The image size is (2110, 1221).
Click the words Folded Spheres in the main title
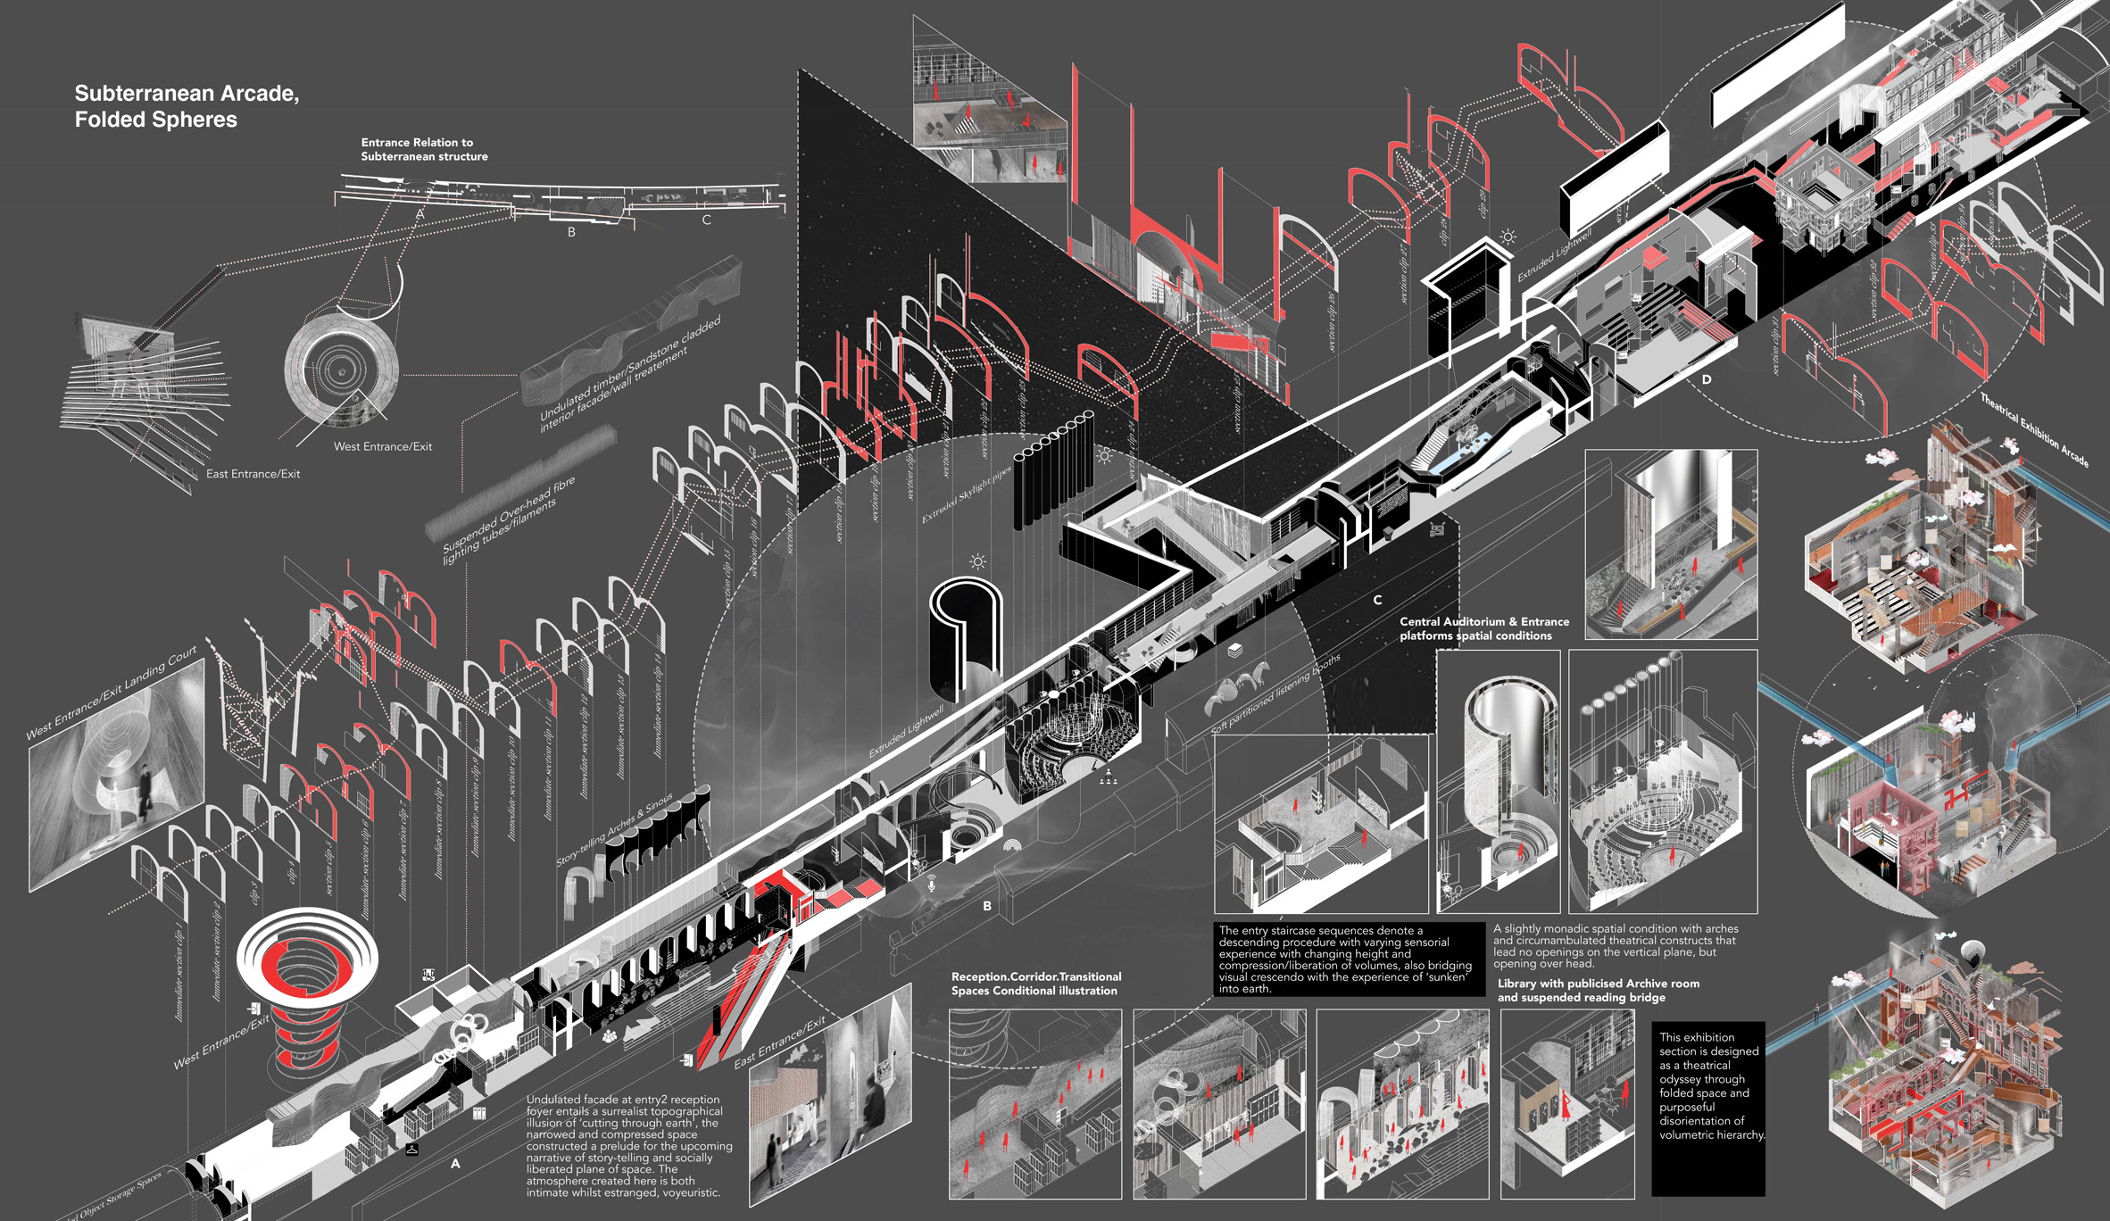[x=155, y=120]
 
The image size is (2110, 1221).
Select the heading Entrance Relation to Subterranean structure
[x=424, y=149]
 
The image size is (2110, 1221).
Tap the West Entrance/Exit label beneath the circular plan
[x=382, y=446]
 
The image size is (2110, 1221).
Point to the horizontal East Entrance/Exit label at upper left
[x=253, y=474]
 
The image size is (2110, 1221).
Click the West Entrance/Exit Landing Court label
[x=112, y=694]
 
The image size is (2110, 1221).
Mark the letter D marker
[x=1707, y=379]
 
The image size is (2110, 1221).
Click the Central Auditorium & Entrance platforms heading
[x=1483, y=628]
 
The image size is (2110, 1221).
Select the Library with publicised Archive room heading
[x=1598, y=990]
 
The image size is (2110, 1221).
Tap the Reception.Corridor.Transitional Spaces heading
[x=1035, y=984]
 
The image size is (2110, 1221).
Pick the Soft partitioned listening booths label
[x=1276, y=694]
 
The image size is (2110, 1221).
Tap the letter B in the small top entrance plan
[x=571, y=232]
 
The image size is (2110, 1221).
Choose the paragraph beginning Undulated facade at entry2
[x=628, y=1146]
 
